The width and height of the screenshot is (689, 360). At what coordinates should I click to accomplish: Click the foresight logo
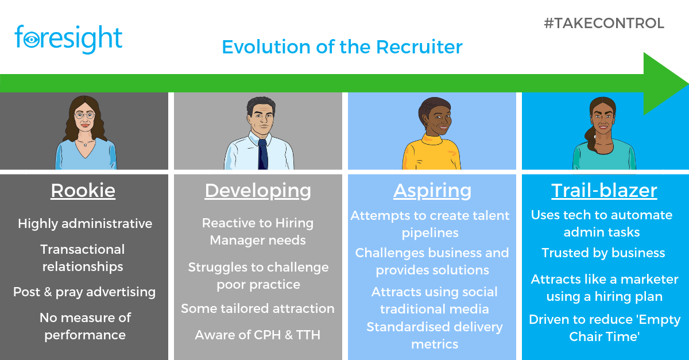click(x=68, y=39)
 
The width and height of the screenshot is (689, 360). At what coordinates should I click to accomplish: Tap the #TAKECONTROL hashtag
click(x=603, y=24)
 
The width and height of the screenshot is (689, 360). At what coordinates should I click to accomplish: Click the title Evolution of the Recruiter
click(x=342, y=47)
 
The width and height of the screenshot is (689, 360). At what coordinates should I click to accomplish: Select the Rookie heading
click(x=83, y=190)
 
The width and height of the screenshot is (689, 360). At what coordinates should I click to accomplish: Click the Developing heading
click(x=258, y=190)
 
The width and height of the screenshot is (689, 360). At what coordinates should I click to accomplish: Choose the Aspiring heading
click(x=432, y=190)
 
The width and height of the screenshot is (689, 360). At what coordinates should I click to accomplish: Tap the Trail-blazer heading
click(x=604, y=190)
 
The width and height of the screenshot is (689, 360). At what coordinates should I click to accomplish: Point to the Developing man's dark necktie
click(x=262, y=153)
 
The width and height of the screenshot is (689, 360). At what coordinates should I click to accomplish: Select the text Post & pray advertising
click(x=84, y=292)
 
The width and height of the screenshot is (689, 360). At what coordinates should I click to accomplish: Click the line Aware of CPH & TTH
click(x=258, y=335)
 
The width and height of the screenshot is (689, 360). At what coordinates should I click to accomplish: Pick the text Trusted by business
click(x=603, y=253)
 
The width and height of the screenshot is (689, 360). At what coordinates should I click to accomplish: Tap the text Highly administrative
click(x=85, y=223)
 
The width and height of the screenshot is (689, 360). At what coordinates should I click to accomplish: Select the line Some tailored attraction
click(x=258, y=308)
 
